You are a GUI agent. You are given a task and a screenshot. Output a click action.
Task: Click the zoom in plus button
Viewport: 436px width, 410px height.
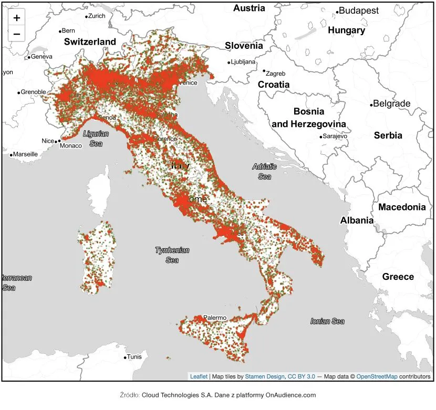(x=17, y=18)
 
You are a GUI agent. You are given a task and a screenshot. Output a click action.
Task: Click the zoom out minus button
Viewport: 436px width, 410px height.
(x=17, y=34)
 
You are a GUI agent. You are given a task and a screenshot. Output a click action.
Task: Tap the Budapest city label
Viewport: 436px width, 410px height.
(x=359, y=10)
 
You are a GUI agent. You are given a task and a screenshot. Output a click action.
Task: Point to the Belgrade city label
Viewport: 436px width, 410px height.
(x=391, y=103)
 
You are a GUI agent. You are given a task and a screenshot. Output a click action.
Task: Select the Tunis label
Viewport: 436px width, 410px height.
(x=134, y=357)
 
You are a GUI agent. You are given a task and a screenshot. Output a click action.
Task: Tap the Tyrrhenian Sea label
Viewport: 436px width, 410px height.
(x=172, y=255)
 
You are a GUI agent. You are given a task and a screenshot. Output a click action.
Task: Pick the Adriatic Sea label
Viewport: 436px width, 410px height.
(x=264, y=172)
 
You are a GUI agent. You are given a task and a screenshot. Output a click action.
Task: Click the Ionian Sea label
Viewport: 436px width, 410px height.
(x=327, y=321)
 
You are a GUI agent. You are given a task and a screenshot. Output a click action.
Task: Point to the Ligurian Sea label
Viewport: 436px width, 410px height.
(x=96, y=139)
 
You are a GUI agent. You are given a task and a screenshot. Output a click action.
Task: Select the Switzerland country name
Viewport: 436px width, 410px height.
(x=90, y=41)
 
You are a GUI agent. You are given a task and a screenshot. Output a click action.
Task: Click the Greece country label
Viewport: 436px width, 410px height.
(x=398, y=277)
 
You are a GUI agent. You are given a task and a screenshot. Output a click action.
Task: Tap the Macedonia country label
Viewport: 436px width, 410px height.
(x=402, y=207)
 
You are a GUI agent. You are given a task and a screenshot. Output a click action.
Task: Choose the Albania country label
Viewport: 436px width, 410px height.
(x=357, y=220)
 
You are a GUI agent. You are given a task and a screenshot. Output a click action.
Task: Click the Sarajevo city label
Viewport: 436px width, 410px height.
(x=335, y=136)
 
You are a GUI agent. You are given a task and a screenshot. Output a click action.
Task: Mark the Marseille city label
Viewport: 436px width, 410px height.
(x=25, y=154)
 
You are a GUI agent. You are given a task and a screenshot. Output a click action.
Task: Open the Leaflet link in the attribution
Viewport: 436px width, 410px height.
(x=199, y=376)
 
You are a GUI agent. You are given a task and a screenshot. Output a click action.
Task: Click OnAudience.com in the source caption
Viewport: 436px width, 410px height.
(x=290, y=395)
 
